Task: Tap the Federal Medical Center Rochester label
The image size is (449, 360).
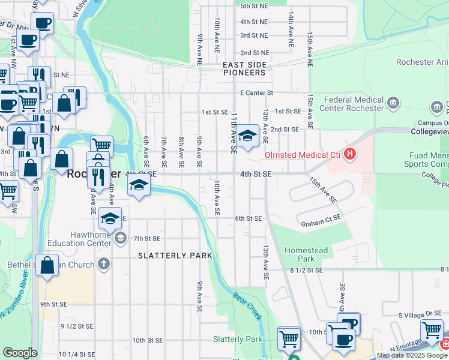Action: click(x=353, y=104)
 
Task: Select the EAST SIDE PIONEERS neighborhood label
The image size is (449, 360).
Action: click(x=244, y=68)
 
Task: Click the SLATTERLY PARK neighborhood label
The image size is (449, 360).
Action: click(x=175, y=256)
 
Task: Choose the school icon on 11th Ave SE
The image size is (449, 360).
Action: click(x=246, y=136)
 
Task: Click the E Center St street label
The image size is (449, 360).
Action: click(x=256, y=93)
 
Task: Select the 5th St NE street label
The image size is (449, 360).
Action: click(x=253, y=6)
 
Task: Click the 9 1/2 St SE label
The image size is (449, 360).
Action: click(x=77, y=326)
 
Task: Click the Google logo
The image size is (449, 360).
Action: click(x=20, y=353)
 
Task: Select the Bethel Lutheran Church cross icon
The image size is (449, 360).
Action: click(x=103, y=264)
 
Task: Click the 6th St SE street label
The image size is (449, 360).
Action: click(x=249, y=219)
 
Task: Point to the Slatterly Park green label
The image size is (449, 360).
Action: click(x=238, y=339)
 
